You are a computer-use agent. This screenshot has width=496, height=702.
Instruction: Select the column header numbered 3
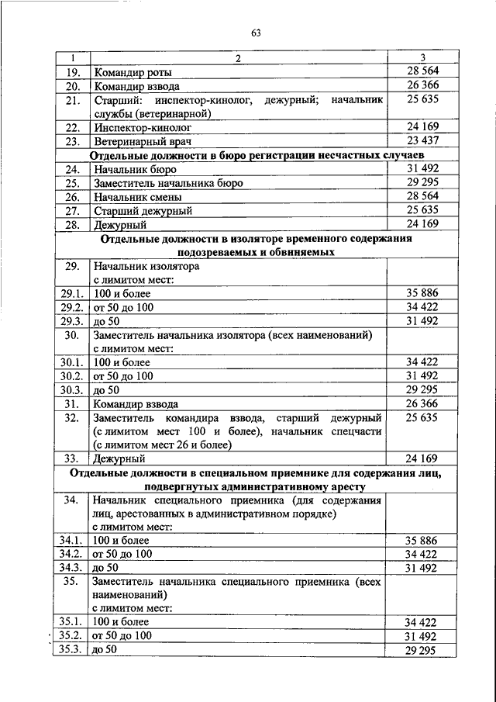[422, 59]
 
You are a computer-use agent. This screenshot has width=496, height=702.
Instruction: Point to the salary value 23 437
[422, 141]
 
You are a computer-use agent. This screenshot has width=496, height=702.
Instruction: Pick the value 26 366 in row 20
[422, 86]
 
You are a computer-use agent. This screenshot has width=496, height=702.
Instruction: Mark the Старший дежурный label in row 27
[143, 211]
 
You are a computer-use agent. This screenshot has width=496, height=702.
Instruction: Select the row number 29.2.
[72, 307]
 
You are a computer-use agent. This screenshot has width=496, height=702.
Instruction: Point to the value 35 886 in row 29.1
[422, 293]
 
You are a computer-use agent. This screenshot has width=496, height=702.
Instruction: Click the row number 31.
[72, 403]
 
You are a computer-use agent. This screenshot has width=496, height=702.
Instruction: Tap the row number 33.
[72, 458]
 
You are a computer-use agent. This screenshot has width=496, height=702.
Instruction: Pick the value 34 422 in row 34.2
[422, 554]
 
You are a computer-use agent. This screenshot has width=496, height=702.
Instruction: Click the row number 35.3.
[72, 649]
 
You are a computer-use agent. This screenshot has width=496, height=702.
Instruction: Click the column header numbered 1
[72, 59]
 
